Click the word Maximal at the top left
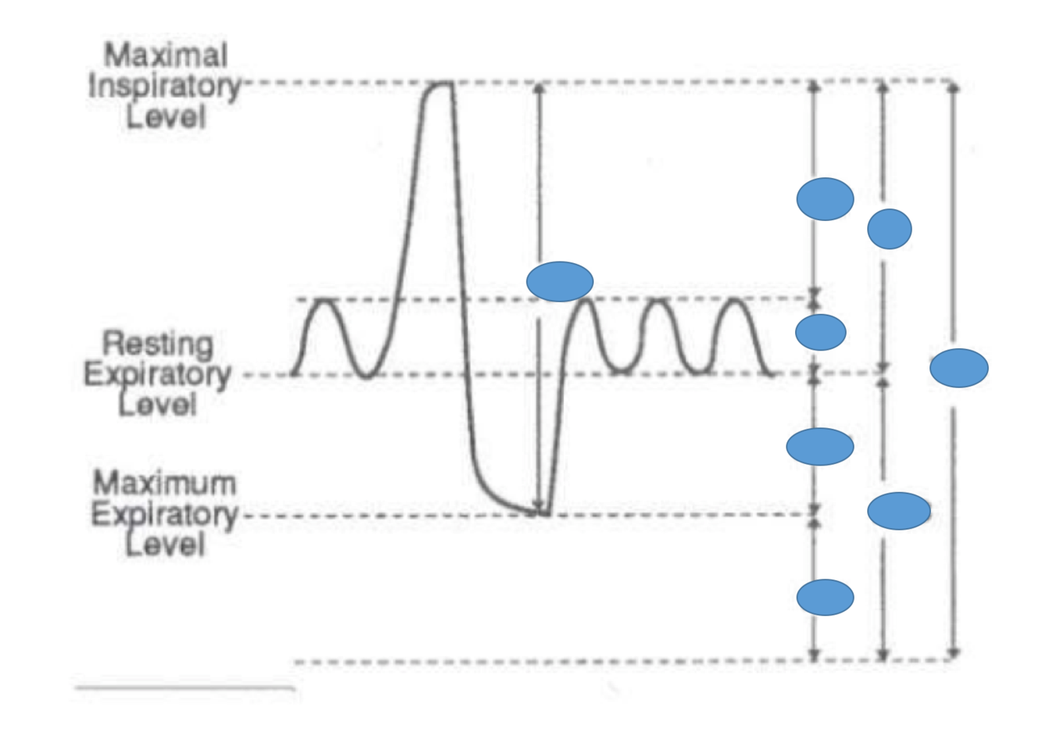click(166, 56)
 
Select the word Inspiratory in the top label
click(165, 87)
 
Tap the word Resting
click(158, 344)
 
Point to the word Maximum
click(164, 483)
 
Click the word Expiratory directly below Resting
click(158, 374)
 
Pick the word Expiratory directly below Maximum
click(164, 515)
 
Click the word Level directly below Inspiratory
click(166, 118)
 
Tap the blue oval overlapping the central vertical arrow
click(559, 281)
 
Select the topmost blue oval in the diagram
click(825, 199)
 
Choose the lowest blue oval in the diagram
click(825, 597)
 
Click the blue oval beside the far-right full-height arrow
click(958, 368)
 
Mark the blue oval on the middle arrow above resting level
click(890, 229)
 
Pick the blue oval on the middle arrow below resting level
click(898, 511)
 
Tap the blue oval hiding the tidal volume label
click(820, 333)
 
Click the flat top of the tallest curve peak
click(439, 84)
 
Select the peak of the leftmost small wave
click(325, 301)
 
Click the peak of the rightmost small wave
click(734, 301)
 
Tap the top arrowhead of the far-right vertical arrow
click(953, 87)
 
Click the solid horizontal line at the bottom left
click(184, 688)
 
